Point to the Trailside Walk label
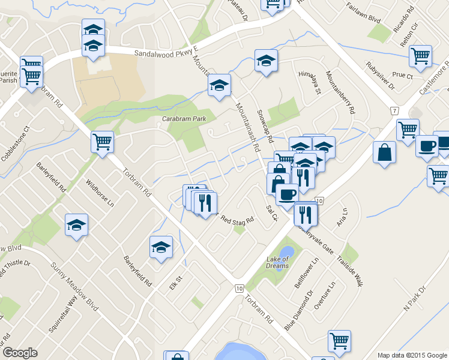(x=349, y=268)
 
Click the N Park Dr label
(x=414, y=298)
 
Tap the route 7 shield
(x=394, y=111)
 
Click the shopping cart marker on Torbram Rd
(x=102, y=142)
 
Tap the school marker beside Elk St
(x=161, y=247)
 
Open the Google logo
(x=20, y=353)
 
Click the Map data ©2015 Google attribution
(x=412, y=355)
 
